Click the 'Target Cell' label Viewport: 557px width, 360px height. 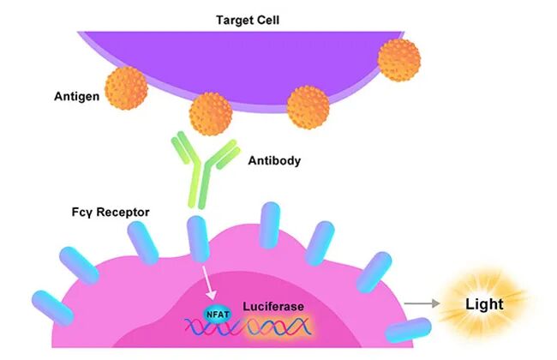coord(248,20)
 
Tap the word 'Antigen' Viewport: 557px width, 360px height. coord(77,96)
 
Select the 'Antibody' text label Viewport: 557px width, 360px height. coord(274,160)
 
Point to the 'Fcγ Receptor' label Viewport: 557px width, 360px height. coord(111,213)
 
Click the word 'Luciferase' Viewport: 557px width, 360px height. coord(273,306)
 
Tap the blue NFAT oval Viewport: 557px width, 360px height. coord(218,315)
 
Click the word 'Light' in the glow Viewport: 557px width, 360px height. coord(484,304)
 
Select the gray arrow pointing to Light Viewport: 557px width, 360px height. coord(422,303)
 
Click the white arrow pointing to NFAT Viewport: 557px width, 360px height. coord(209,283)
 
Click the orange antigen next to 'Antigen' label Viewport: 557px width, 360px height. coord(126,88)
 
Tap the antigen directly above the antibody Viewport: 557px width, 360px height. coord(211,114)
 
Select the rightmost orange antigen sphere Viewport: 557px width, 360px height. coord(399,60)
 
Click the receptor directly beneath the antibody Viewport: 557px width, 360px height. coord(198,239)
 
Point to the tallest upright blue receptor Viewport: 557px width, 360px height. coord(270,225)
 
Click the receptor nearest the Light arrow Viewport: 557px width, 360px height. coord(409,330)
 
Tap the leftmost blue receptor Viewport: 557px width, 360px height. coord(52,308)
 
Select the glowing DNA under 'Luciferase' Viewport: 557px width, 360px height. coord(278,327)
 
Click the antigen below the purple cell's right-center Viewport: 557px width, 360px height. coord(308,107)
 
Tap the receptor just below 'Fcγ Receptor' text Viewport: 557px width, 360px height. coord(143,243)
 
